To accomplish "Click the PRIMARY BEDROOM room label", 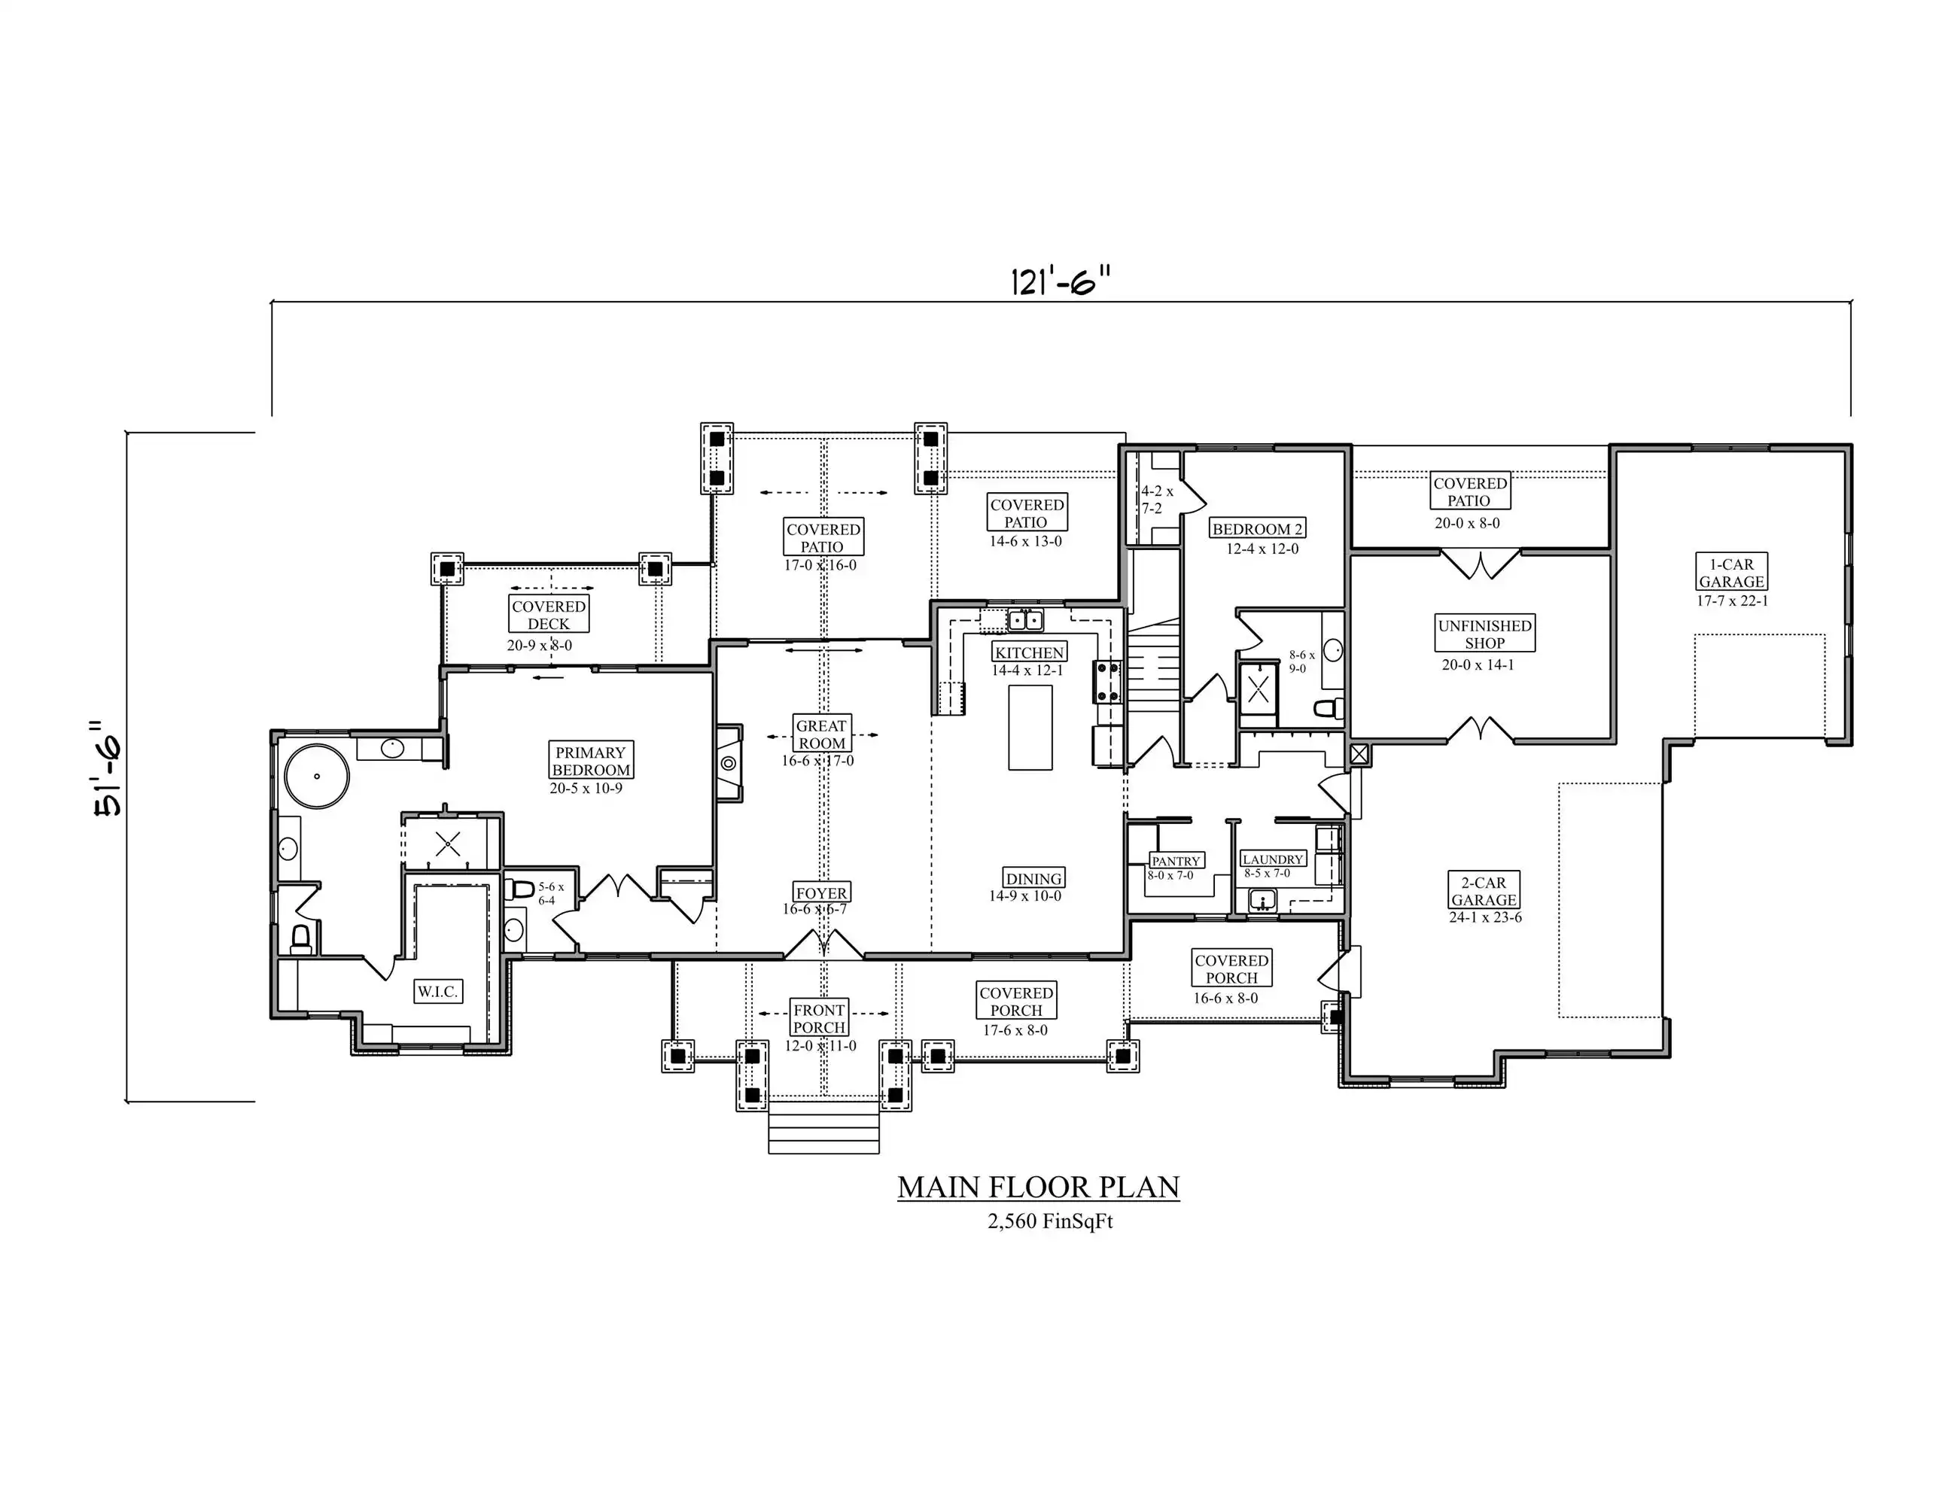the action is click(x=590, y=761).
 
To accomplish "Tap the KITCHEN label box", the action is click(x=1029, y=652).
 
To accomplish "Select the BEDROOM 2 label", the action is click(x=1258, y=529).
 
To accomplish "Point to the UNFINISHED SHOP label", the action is click(x=1485, y=634).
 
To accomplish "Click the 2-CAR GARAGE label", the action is click(x=1484, y=891).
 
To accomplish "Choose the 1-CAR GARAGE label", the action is click(x=1731, y=573).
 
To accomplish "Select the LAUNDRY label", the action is click(x=1274, y=859).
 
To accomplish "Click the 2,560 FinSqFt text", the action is click(x=1050, y=1221).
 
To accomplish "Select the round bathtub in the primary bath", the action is click(x=317, y=776).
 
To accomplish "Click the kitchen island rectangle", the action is click(x=1030, y=728).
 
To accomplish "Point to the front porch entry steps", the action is click(x=824, y=1128).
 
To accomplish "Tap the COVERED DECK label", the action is click(x=549, y=614).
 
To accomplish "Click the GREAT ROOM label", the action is click(x=821, y=734).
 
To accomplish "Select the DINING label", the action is click(x=1033, y=878).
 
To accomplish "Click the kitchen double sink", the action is click(x=1026, y=619).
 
